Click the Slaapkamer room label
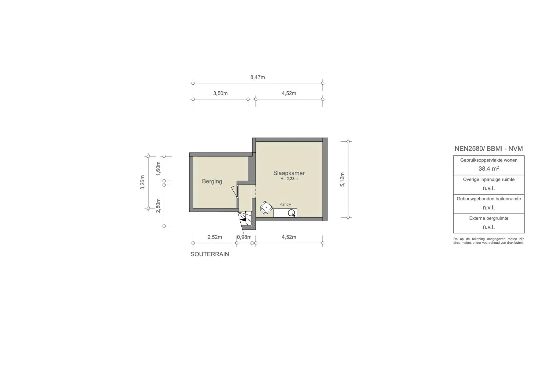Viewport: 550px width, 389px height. click(289, 173)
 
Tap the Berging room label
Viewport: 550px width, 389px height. click(212, 181)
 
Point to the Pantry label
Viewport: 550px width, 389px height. click(285, 204)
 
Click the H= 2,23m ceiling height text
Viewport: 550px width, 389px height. click(289, 179)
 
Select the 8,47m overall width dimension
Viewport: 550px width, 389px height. click(258, 77)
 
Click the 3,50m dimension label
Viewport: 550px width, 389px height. click(220, 93)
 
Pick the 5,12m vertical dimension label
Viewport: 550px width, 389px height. click(342, 179)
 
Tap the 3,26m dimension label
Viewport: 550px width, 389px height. click(143, 182)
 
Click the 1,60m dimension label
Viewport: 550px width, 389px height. click(158, 168)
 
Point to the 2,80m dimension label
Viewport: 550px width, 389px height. click(158, 206)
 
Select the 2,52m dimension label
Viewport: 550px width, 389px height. click(215, 237)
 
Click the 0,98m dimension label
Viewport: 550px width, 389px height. click(244, 237)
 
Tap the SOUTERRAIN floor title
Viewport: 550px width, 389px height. click(210, 254)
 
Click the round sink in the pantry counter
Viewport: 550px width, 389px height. click(291, 213)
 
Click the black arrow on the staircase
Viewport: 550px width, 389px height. click(243, 219)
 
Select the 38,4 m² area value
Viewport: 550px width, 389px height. click(489, 169)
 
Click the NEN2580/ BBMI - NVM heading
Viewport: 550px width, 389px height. click(489, 149)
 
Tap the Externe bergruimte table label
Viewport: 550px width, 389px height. click(489, 218)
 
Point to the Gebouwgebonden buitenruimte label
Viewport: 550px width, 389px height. click(489, 199)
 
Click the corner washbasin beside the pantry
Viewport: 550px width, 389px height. click(266, 207)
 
